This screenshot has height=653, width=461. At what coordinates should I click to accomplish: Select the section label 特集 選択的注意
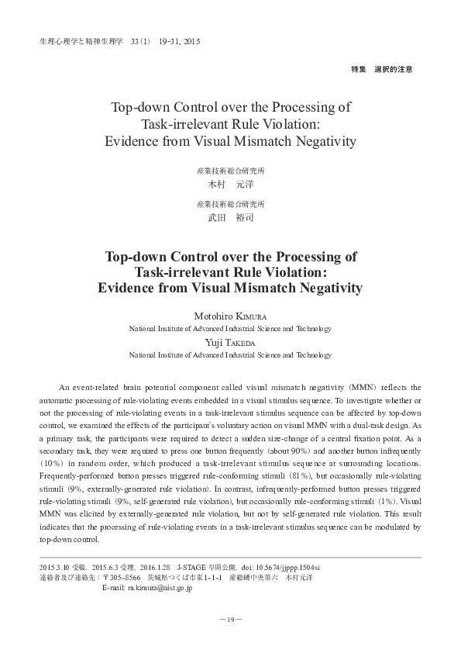[382, 69]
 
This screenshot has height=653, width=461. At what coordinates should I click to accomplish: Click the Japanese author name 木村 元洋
[231, 185]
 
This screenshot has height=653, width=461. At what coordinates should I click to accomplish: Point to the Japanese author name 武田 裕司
[231, 218]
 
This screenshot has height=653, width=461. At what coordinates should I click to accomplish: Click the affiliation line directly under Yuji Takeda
[230, 354]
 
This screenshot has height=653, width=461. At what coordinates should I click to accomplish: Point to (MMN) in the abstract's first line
[367, 387]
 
